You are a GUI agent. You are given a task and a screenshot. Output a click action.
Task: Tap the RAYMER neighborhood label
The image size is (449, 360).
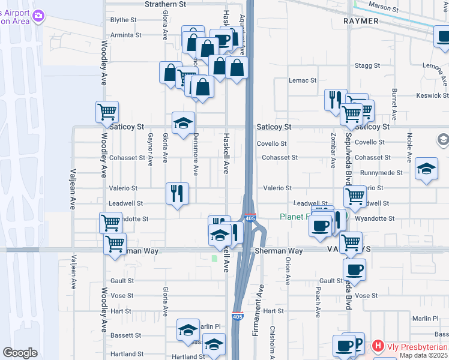point(361,21)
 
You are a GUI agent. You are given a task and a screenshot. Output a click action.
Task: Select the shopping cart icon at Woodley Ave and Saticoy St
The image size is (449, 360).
point(107,112)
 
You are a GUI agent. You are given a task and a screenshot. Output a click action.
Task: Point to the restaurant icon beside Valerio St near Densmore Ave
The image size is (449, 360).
point(177,193)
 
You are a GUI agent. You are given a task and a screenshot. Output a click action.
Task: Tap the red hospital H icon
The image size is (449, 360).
point(378,346)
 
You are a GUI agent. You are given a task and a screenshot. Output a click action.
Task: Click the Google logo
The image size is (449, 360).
point(20,353)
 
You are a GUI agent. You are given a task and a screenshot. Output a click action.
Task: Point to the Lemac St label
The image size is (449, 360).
point(302,80)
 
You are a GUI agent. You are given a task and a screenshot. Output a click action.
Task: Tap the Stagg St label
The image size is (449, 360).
point(367,65)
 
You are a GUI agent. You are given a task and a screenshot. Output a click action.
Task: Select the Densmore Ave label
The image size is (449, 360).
point(196,150)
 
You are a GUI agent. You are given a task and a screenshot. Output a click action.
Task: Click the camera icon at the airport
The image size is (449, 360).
point(39,16)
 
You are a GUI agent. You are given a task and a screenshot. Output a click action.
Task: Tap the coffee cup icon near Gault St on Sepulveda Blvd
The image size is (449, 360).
point(354,269)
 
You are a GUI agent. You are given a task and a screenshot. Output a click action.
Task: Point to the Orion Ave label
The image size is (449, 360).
point(288,271)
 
